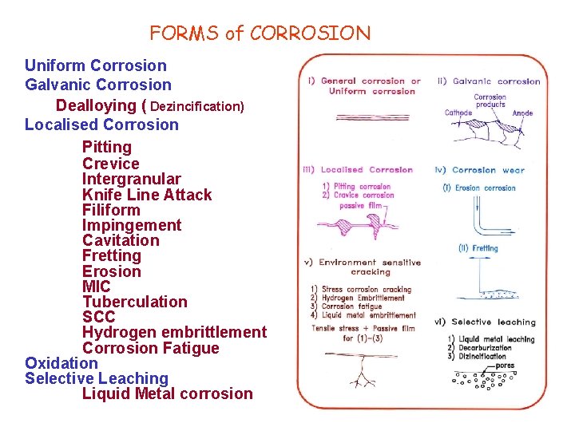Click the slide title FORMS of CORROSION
click(260, 34)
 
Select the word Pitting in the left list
click(106, 147)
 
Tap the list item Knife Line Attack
click(147, 195)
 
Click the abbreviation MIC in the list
click(96, 287)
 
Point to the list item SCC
click(98, 317)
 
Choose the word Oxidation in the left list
click(61, 363)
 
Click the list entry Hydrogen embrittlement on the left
click(174, 332)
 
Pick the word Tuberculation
click(134, 302)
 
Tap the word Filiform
click(111, 210)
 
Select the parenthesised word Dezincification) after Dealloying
click(196, 105)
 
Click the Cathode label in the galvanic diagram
click(458, 113)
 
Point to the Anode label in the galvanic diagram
click(522, 113)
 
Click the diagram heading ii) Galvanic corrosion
click(489, 81)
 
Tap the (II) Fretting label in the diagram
click(478, 248)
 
